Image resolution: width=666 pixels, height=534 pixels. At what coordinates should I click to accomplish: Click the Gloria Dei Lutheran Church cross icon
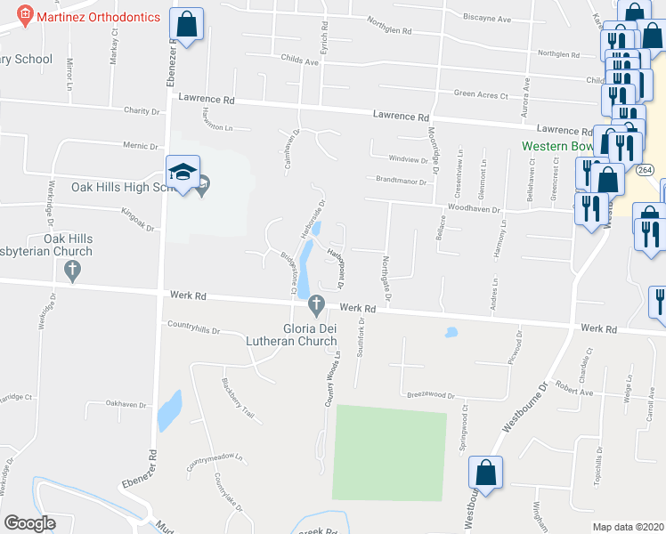[x=314, y=305]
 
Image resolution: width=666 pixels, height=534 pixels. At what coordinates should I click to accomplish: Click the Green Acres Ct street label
[x=481, y=95]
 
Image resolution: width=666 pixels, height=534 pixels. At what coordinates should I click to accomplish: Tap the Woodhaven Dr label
[x=475, y=210]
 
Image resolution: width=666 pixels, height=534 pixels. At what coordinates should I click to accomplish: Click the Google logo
[x=30, y=523]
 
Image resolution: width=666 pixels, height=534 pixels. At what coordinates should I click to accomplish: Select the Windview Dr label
[x=409, y=160]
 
